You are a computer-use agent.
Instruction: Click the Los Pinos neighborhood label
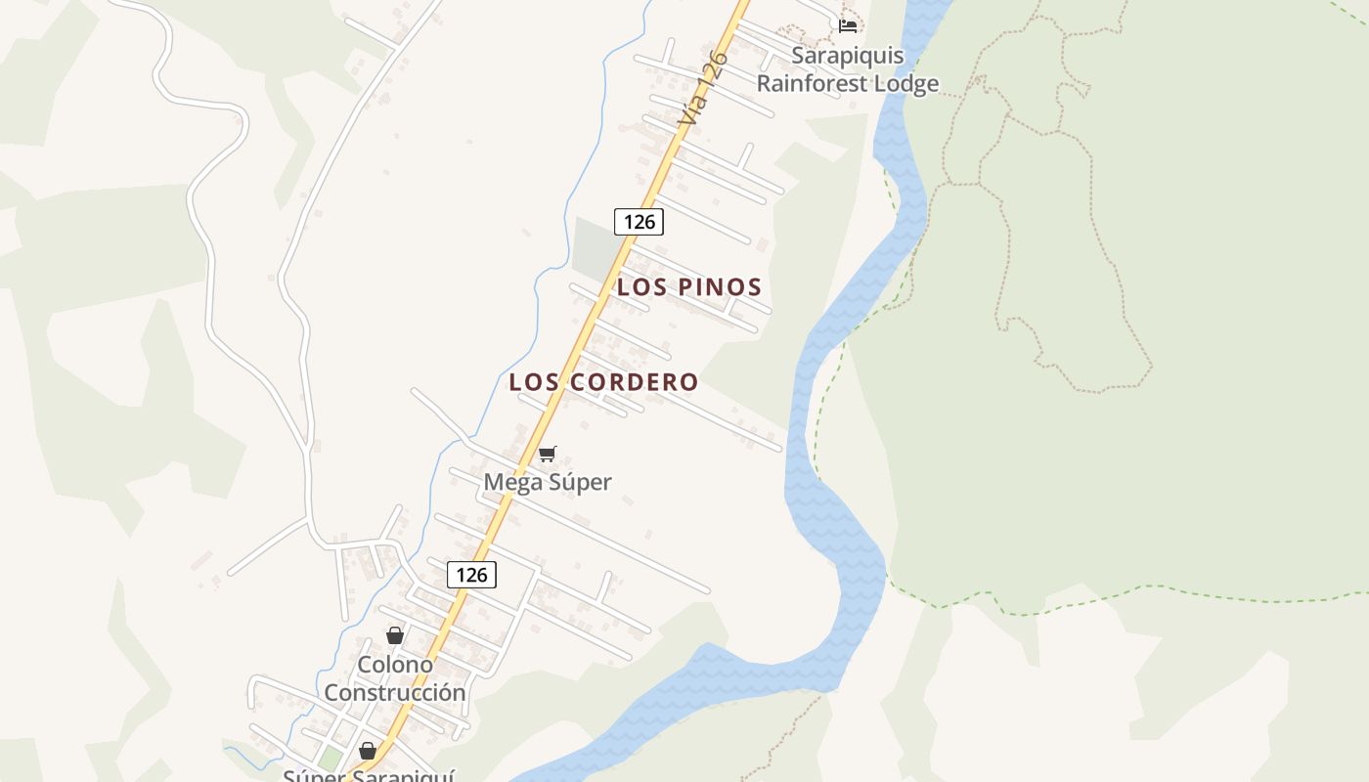tap(688, 287)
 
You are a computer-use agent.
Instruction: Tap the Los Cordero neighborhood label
tap(603, 382)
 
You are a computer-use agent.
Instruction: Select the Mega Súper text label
tap(548, 482)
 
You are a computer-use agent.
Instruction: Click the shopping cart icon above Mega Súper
tap(548, 455)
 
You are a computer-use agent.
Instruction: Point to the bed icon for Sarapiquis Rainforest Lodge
tap(848, 24)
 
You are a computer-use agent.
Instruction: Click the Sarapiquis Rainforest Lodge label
tap(848, 69)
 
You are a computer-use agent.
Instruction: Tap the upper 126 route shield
tap(639, 222)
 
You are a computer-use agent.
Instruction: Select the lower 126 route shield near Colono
tap(471, 575)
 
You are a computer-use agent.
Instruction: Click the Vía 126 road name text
tap(705, 88)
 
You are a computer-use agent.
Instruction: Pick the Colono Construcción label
tap(395, 678)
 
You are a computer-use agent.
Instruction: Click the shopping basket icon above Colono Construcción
tap(395, 635)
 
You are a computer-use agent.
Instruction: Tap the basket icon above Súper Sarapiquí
tap(368, 751)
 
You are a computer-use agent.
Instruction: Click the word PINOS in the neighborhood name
tap(721, 287)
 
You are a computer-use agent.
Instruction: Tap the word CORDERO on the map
tap(635, 382)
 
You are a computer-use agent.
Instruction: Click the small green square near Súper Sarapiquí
tap(331, 759)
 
